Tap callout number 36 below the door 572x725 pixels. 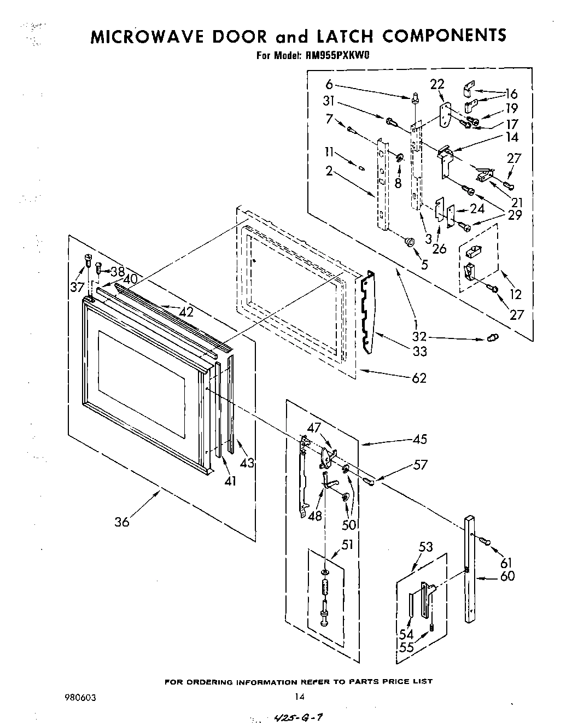click(x=122, y=522)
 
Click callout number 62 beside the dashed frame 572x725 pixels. click(x=418, y=378)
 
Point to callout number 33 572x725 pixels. click(x=419, y=352)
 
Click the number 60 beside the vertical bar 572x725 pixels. click(x=507, y=576)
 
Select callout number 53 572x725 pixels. click(x=426, y=547)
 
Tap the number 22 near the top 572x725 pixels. click(x=437, y=84)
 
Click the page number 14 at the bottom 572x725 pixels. click(x=299, y=697)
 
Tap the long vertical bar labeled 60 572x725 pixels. click(x=471, y=569)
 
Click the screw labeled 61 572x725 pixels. click(x=485, y=541)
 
